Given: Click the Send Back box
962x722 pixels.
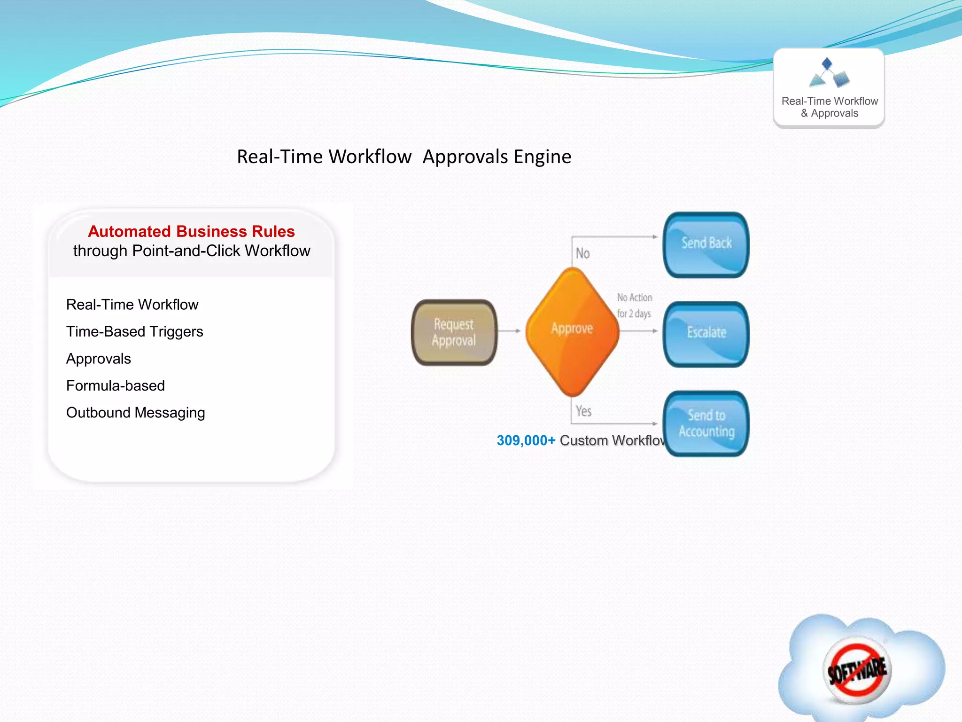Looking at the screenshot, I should click(706, 244).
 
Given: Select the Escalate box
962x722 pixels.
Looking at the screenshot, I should click(706, 334).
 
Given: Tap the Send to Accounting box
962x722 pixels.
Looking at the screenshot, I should click(706, 423).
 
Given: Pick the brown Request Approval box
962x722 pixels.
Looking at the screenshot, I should click(454, 332).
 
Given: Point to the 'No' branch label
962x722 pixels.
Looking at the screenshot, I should click(582, 253).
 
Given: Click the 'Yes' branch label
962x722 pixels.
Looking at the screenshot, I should click(583, 411).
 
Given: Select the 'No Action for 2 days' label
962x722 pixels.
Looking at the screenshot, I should click(634, 306).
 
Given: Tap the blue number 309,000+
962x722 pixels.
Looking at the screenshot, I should click(526, 440).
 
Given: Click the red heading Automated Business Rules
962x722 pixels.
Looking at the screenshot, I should click(191, 231).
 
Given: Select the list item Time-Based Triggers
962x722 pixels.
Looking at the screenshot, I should click(134, 331).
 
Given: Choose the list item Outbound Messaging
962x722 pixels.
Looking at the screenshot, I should click(135, 413).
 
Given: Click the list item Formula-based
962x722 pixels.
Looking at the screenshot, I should click(115, 385).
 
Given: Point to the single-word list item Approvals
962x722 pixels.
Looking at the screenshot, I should click(98, 359).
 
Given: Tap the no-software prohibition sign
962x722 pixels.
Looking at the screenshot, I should click(857, 669).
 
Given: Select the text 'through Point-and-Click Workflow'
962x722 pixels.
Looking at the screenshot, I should click(191, 251).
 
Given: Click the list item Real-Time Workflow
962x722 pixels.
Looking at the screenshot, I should click(132, 305).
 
